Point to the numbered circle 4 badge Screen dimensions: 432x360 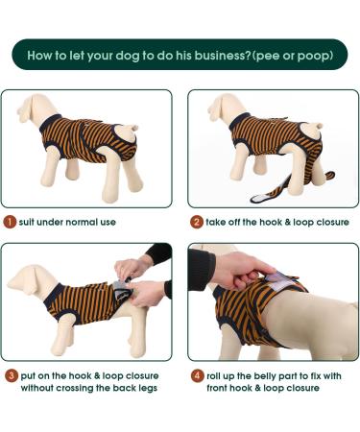point(196,374)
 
